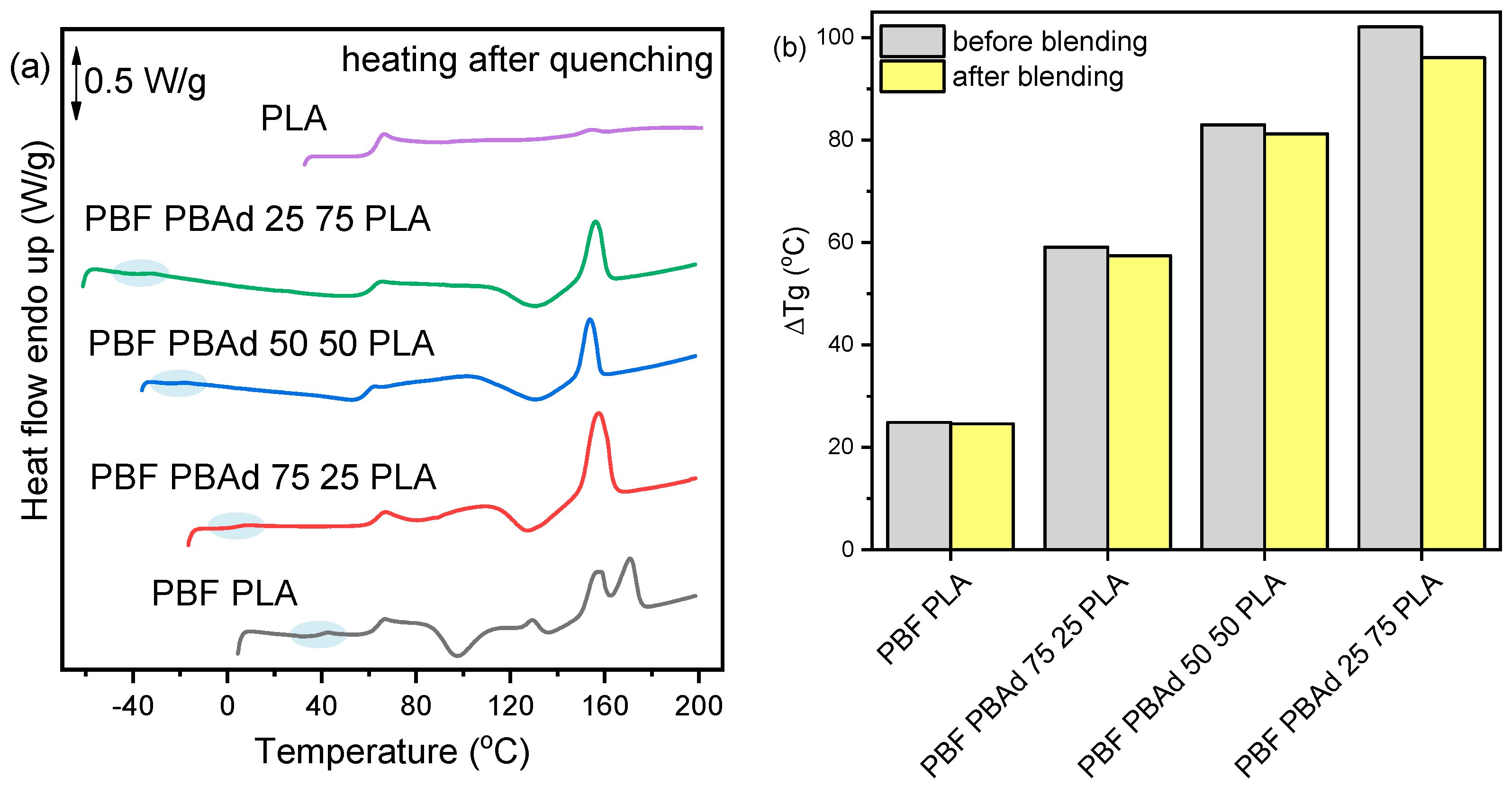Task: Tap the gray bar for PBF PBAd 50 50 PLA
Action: [x=1232, y=338]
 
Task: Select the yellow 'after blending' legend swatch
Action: [x=912, y=76]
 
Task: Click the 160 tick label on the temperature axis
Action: [x=604, y=706]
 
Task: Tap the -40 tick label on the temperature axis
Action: [x=133, y=706]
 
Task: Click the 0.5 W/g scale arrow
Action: [x=76, y=83]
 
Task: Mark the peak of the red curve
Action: [x=598, y=414]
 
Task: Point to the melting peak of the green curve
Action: [x=596, y=222]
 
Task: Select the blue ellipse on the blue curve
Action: [x=178, y=383]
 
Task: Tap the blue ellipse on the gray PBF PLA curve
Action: [x=318, y=634]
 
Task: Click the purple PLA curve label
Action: [x=293, y=119]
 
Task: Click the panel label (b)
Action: [x=789, y=47]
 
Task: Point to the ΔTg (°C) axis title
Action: [x=796, y=281]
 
